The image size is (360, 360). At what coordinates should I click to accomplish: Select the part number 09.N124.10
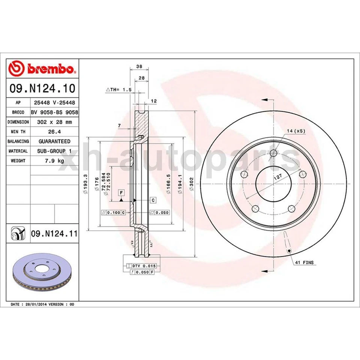(x=42, y=88)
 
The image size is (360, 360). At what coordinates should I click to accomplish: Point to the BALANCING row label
(x=18, y=141)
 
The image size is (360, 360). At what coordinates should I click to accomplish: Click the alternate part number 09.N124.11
(x=54, y=234)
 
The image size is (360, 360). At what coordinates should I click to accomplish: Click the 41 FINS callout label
(x=304, y=263)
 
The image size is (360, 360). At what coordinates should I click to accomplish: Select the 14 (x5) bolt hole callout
(x=297, y=131)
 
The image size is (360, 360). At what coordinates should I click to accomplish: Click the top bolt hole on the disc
(x=273, y=153)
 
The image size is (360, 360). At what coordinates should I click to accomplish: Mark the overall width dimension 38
(x=139, y=66)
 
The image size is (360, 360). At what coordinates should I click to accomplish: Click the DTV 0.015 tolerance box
(x=144, y=265)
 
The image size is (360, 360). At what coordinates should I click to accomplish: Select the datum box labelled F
(x=121, y=193)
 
